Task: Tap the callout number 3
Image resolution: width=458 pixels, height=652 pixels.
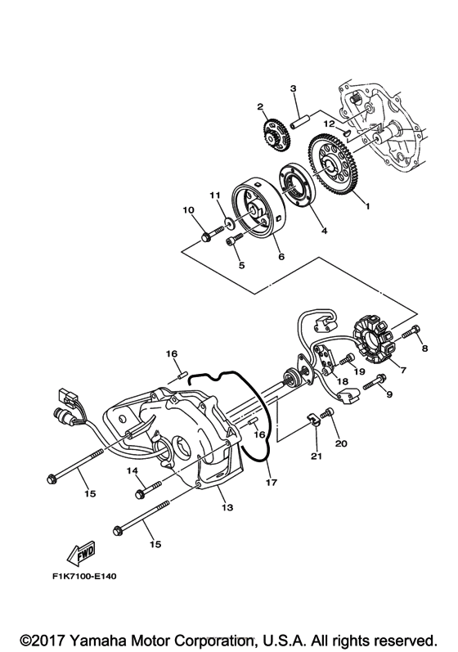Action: pos(292,88)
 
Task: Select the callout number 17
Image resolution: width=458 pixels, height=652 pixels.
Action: pos(269,483)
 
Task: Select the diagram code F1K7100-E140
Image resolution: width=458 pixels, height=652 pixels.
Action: pos(82,575)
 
